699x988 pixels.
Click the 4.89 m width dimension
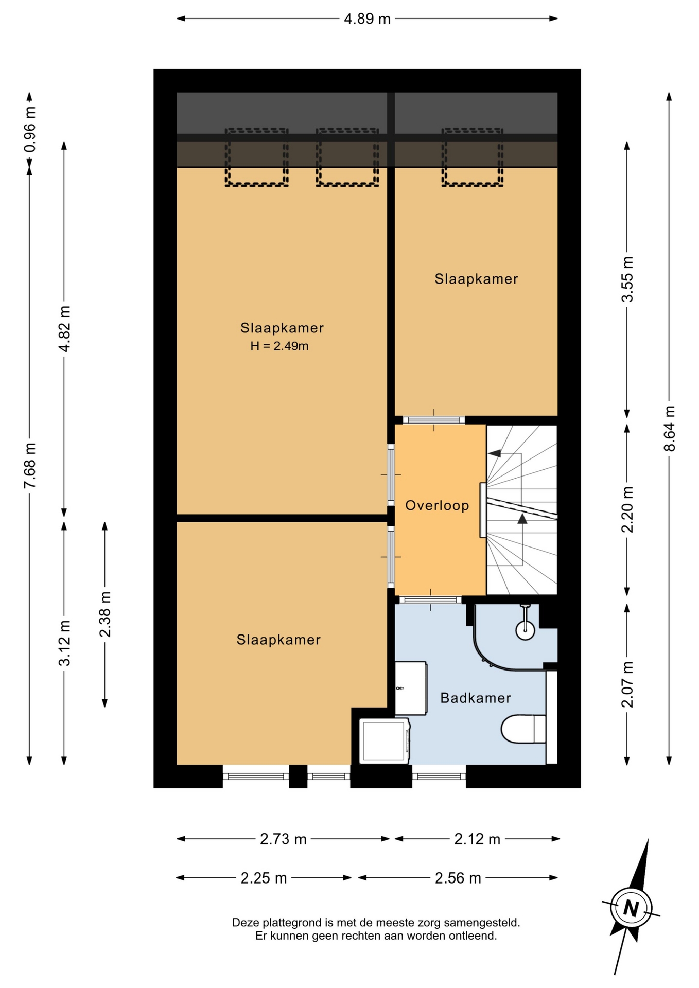[367, 19]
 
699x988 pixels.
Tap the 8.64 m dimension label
[669, 429]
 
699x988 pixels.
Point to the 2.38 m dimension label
[105, 614]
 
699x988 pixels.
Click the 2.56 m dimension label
[458, 878]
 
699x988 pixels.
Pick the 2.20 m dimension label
[627, 509]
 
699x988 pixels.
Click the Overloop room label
[437, 505]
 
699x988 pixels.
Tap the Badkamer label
[476, 698]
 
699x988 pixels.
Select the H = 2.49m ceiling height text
[279, 346]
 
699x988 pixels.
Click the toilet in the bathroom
[524, 729]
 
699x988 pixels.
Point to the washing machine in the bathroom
[385, 741]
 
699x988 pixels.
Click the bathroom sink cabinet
[411, 688]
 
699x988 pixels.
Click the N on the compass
[631, 908]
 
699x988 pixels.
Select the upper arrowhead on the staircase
[495, 453]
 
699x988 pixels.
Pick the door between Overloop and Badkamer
[431, 599]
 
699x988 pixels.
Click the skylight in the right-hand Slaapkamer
[472, 157]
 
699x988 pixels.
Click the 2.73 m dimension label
[283, 839]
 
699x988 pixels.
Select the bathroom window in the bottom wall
[439, 777]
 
